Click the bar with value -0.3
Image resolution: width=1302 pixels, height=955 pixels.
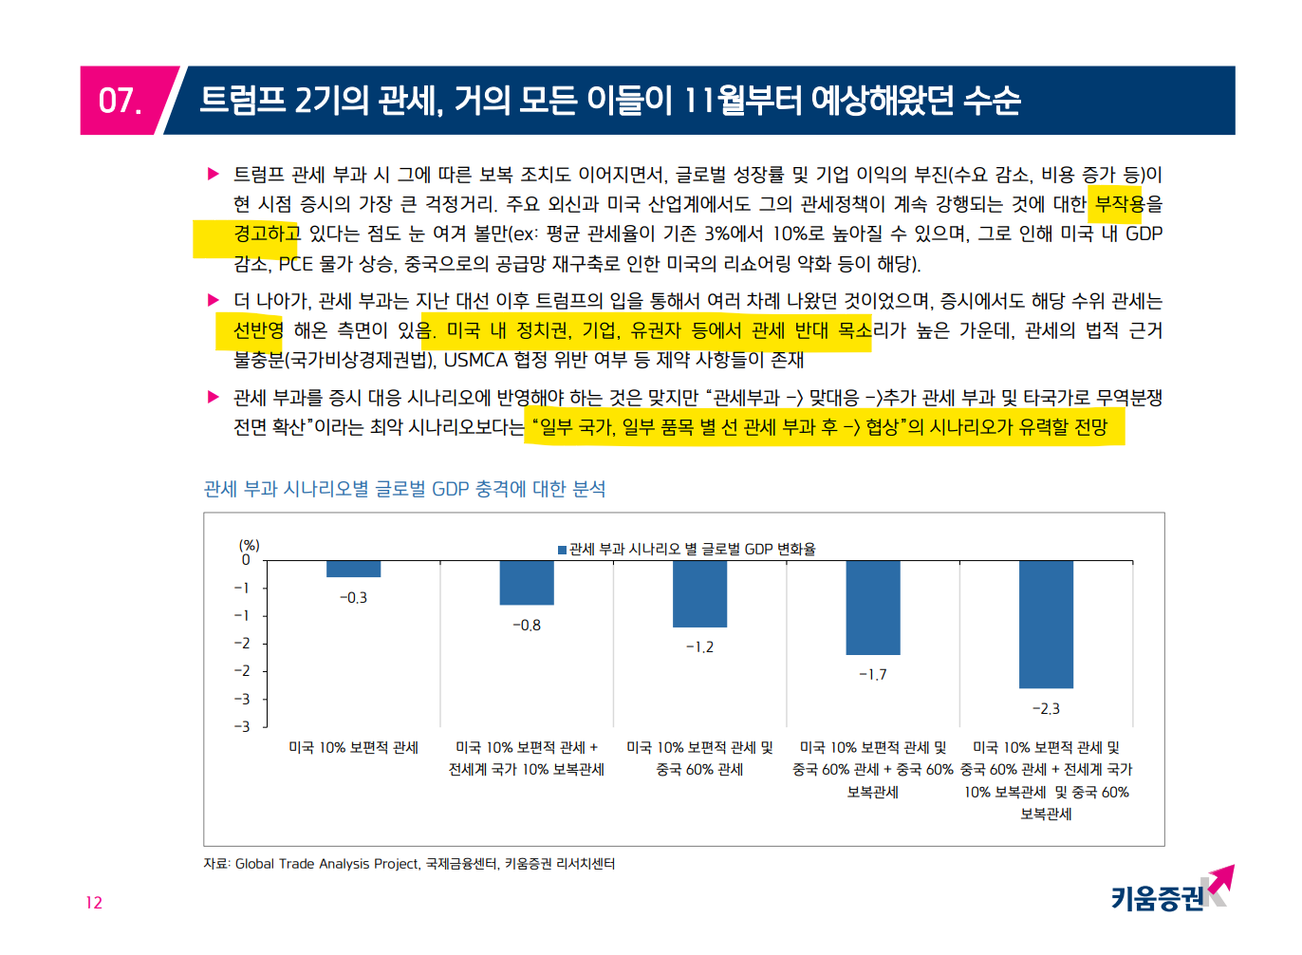pyautogui.click(x=353, y=569)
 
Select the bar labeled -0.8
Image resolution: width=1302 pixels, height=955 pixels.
pyautogui.click(x=527, y=582)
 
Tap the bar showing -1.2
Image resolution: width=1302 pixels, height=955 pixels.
pyautogui.click(x=699, y=593)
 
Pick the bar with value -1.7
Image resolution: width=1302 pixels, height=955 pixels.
pyautogui.click(x=873, y=608)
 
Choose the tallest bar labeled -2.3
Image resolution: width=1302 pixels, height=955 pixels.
pyautogui.click(x=1046, y=624)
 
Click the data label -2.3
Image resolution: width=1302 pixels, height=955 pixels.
pyautogui.click(x=1046, y=709)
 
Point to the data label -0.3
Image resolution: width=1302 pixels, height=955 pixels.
pyautogui.click(x=353, y=598)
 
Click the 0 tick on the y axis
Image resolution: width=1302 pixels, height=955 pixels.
pyautogui.click(x=246, y=560)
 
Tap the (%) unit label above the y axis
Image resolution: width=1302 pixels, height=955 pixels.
pyautogui.click(x=249, y=545)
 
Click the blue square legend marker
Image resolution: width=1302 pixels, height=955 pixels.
pyautogui.click(x=562, y=550)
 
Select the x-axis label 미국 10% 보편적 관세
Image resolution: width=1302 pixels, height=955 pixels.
pyautogui.click(x=353, y=748)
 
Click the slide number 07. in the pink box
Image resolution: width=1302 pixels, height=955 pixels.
pyautogui.click(x=121, y=101)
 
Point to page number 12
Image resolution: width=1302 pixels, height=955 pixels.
pyautogui.click(x=94, y=903)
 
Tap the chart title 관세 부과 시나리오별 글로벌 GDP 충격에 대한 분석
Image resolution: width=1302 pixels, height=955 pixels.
pyautogui.click(x=404, y=489)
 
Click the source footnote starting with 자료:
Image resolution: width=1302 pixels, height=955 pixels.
pyautogui.click(x=409, y=864)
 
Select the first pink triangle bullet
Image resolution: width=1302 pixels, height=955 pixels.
pyautogui.click(x=214, y=174)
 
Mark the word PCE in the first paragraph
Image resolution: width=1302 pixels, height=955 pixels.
pyautogui.click(x=295, y=264)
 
